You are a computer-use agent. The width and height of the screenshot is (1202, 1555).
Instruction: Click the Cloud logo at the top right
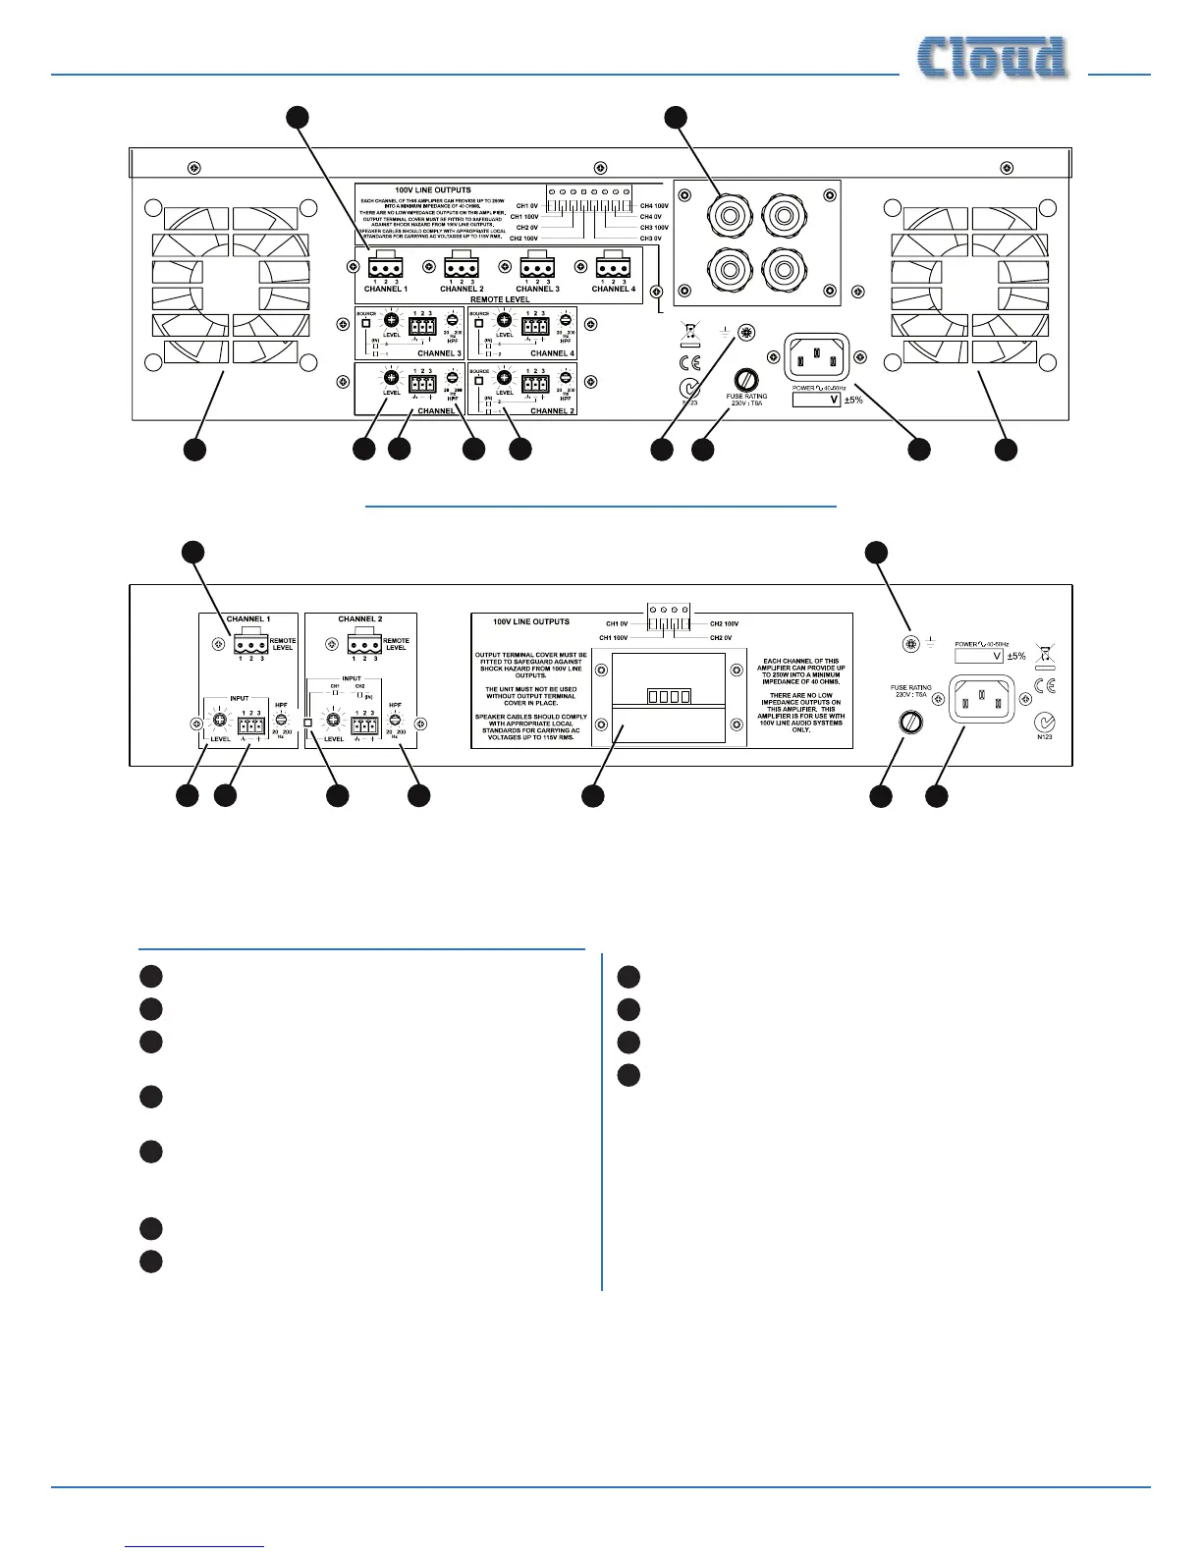[x=992, y=58]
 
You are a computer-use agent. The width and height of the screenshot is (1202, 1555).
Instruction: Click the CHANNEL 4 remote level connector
[x=612, y=267]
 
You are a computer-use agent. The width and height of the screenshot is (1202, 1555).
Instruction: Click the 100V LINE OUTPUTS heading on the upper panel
[x=432, y=189]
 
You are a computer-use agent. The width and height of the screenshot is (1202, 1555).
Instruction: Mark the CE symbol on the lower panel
[x=1044, y=683]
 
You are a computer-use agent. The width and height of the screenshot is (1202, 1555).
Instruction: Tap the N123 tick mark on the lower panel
[x=1045, y=724]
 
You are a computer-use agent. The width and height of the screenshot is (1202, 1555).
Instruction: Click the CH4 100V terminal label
[x=654, y=206]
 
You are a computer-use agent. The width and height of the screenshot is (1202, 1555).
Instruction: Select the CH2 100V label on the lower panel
[x=724, y=623]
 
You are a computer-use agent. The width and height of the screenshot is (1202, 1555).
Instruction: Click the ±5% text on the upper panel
[x=853, y=400]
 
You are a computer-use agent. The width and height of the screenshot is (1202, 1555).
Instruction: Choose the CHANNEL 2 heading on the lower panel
[x=360, y=619]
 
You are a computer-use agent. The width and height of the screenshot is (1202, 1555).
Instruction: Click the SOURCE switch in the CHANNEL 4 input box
[x=478, y=324]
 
